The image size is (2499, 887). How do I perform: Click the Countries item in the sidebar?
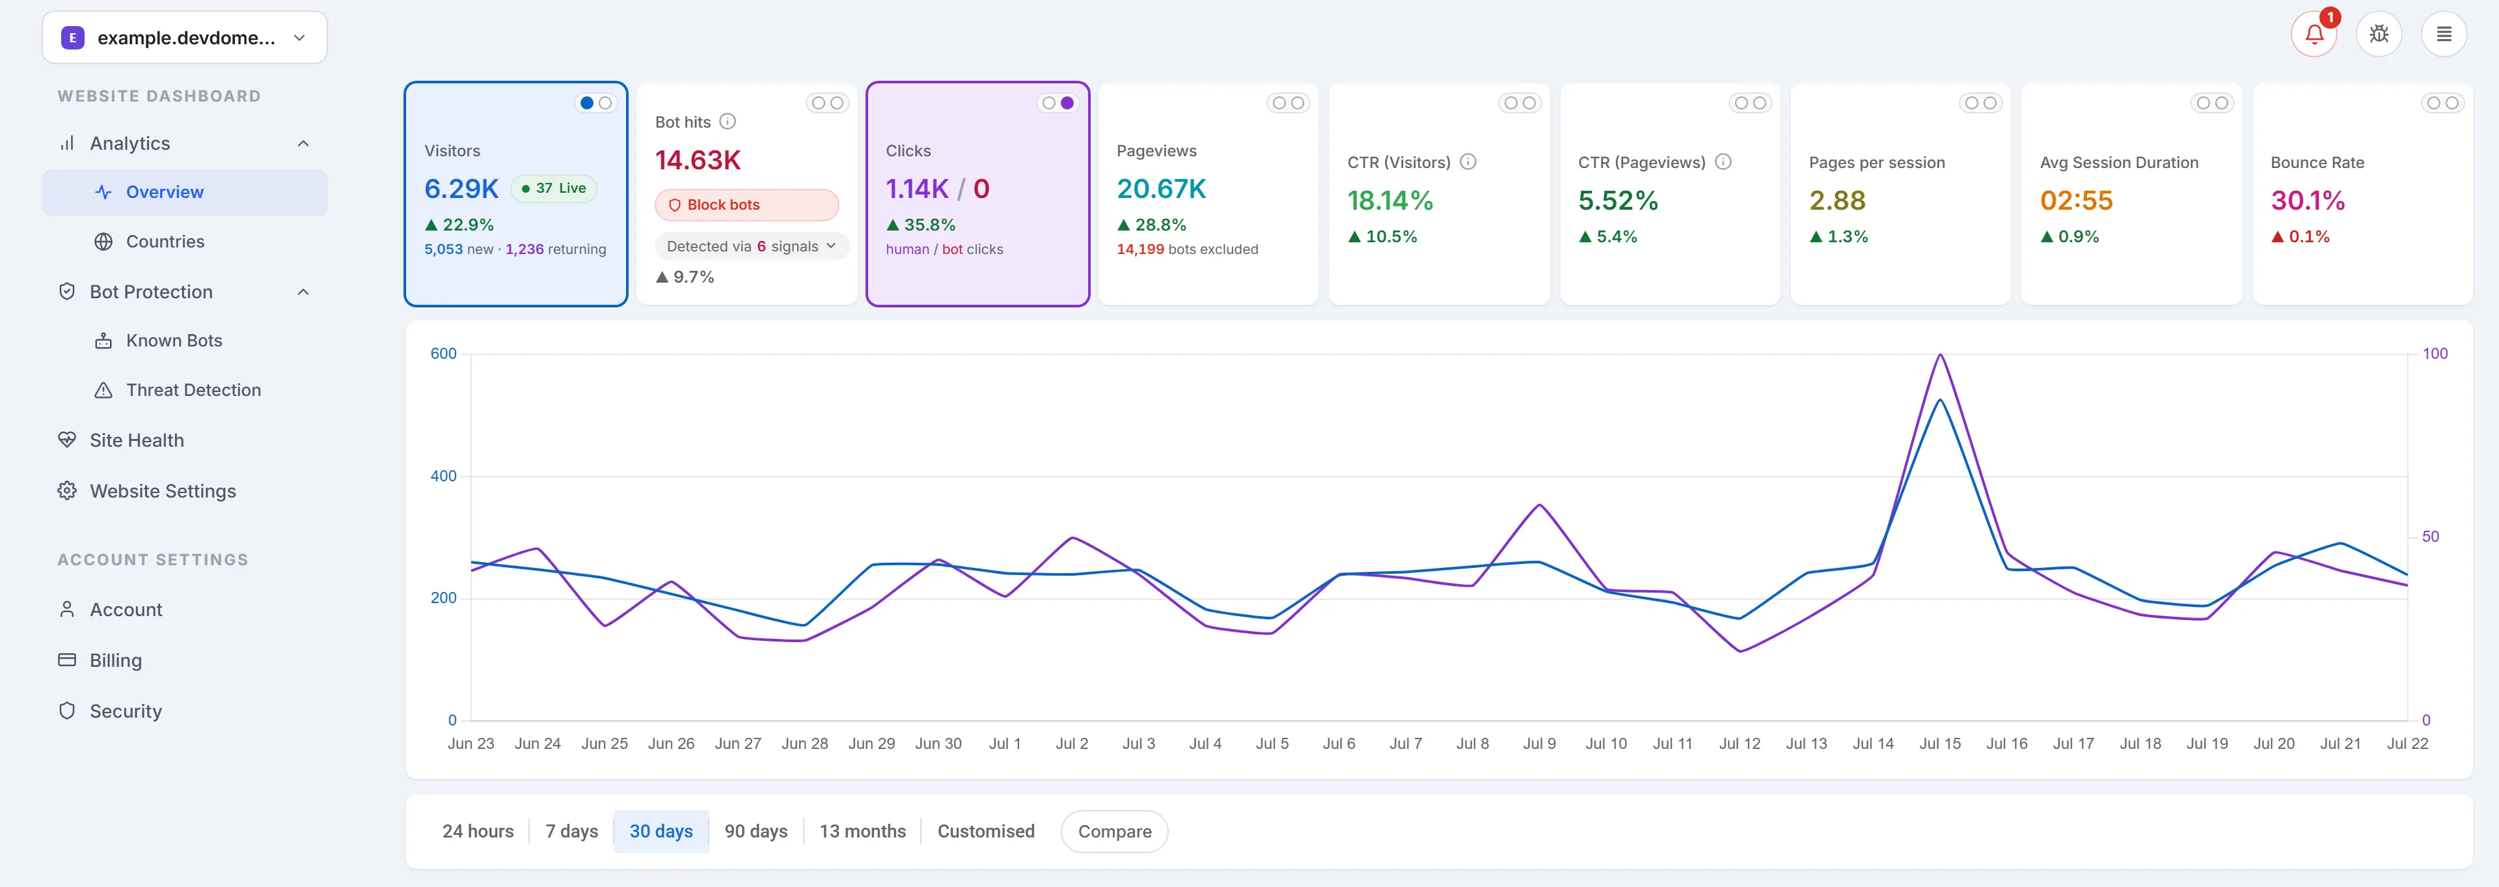pos(165,242)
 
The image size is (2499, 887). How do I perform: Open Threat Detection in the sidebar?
pos(193,390)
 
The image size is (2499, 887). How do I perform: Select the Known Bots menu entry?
pos(174,341)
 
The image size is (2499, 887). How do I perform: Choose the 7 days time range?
pos(571,832)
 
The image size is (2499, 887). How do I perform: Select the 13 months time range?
pos(862,832)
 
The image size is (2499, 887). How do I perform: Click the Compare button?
pos(1115,832)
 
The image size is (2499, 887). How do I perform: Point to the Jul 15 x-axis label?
pos(1939,743)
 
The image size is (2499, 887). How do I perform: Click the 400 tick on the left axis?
pos(443,475)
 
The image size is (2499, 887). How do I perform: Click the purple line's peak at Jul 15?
pos(1940,354)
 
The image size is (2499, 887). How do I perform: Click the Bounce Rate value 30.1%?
pos(2307,201)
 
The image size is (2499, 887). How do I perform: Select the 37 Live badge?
pos(554,188)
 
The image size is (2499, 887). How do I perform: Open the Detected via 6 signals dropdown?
pos(751,246)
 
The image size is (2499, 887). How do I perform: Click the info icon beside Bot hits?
pos(728,121)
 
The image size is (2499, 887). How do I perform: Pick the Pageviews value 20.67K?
pos(1161,190)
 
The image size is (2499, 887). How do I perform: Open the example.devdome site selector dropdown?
pos(184,38)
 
